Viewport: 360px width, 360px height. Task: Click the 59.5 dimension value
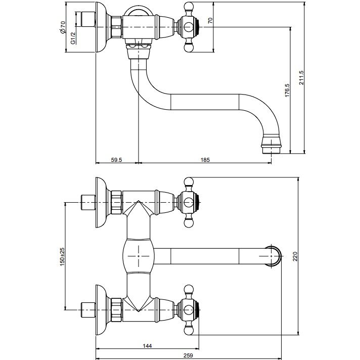[x=116, y=160]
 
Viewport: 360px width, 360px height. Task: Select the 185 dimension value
[x=205, y=160]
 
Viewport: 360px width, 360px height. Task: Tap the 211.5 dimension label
[x=301, y=77]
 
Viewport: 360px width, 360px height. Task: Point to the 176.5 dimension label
[x=287, y=90]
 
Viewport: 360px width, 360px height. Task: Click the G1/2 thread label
[x=73, y=38]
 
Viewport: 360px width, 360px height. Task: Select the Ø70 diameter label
[x=63, y=27]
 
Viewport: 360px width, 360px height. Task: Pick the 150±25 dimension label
[x=62, y=256]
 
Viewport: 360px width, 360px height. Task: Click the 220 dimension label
[x=295, y=256]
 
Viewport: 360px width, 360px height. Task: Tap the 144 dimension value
[x=147, y=346]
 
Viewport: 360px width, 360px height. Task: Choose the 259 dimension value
[x=188, y=355]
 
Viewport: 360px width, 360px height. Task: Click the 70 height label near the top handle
[x=210, y=21]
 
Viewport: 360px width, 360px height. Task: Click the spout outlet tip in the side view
[x=272, y=150]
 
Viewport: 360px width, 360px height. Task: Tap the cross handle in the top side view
[x=189, y=27]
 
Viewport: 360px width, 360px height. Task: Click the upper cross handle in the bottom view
[x=189, y=202]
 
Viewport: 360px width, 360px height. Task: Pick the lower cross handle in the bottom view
[x=189, y=310]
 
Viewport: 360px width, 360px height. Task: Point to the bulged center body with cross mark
[x=139, y=256]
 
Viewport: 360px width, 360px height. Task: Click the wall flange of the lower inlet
[x=101, y=310]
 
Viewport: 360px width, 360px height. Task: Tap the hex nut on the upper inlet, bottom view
[x=116, y=202]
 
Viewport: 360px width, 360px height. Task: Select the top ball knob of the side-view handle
[x=189, y=7]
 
